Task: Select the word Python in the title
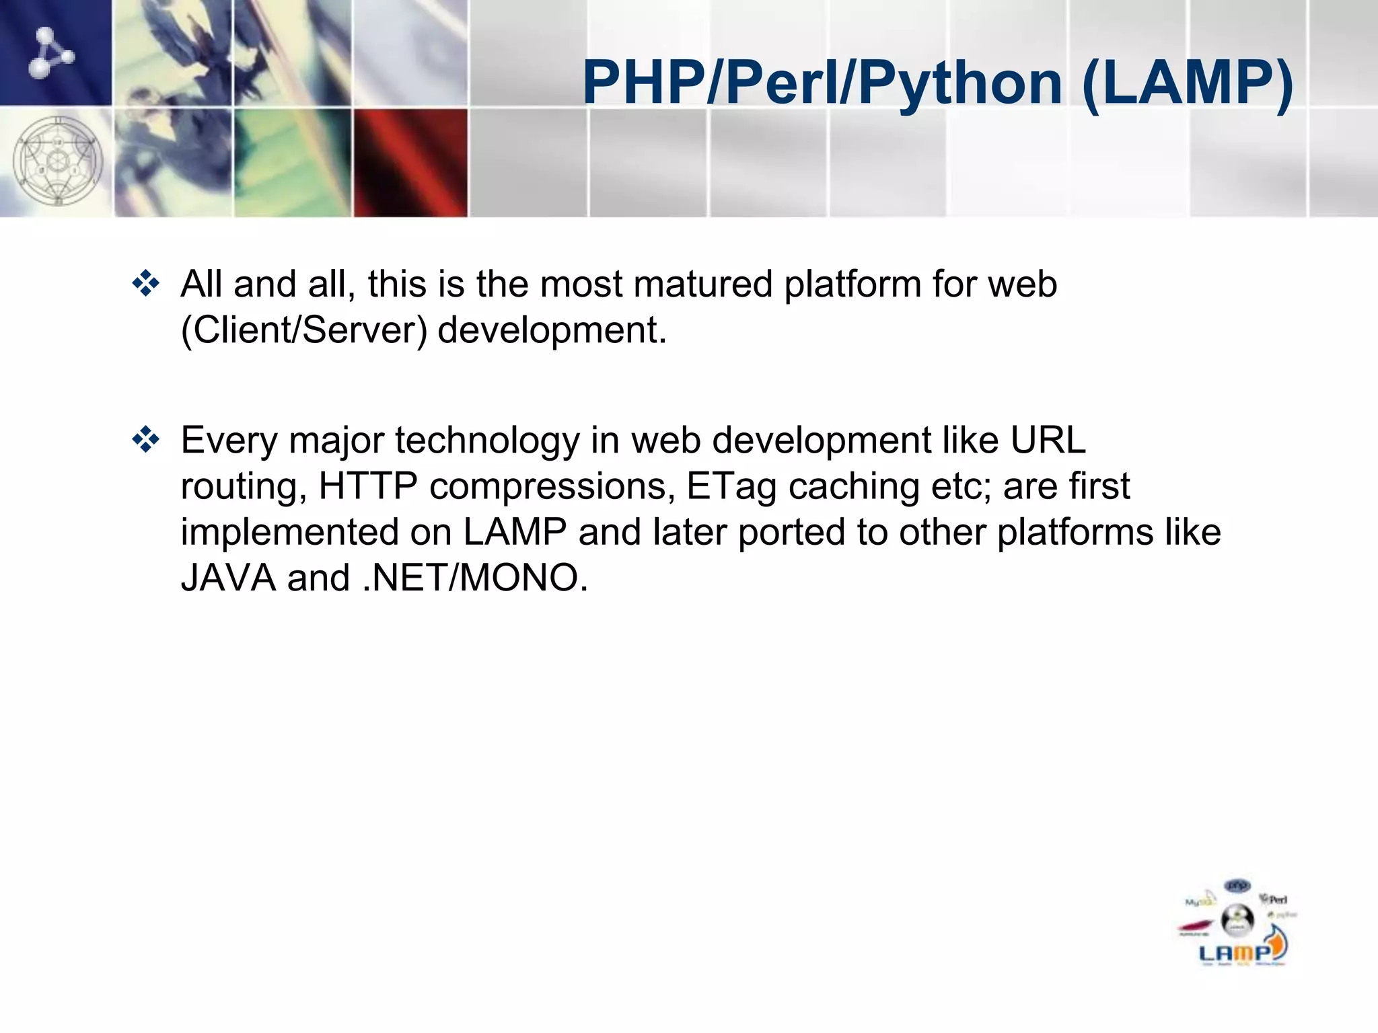pyautogui.click(x=960, y=83)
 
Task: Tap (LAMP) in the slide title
pyautogui.click(x=1188, y=83)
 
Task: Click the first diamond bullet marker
pyautogui.click(x=146, y=284)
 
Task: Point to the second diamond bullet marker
pyautogui.click(x=146, y=441)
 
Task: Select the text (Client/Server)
pyautogui.click(x=304, y=330)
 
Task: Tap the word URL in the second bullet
pyautogui.click(x=1048, y=441)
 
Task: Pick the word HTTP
pyautogui.click(x=368, y=486)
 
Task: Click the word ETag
pyautogui.click(x=731, y=486)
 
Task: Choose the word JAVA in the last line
pyautogui.click(x=228, y=578)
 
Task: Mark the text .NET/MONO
pyautogui.click(x=475, y=578)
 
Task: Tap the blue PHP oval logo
pyautogui.click(x=1237, y=886)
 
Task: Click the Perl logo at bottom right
pyautogui.click(x=1274, y=899)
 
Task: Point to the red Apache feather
pyautogui.click(x=1195, y=929)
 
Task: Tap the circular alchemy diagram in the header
pyautogui.click(x=58, y=161)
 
